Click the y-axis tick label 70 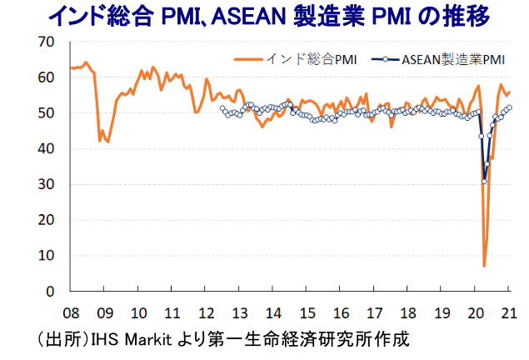(45, 42)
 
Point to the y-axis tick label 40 (45, 149)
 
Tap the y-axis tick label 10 (45, 256)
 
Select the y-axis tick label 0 (49, 292)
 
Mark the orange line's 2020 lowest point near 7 (484, 266)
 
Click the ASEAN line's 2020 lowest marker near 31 (484, 181)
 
